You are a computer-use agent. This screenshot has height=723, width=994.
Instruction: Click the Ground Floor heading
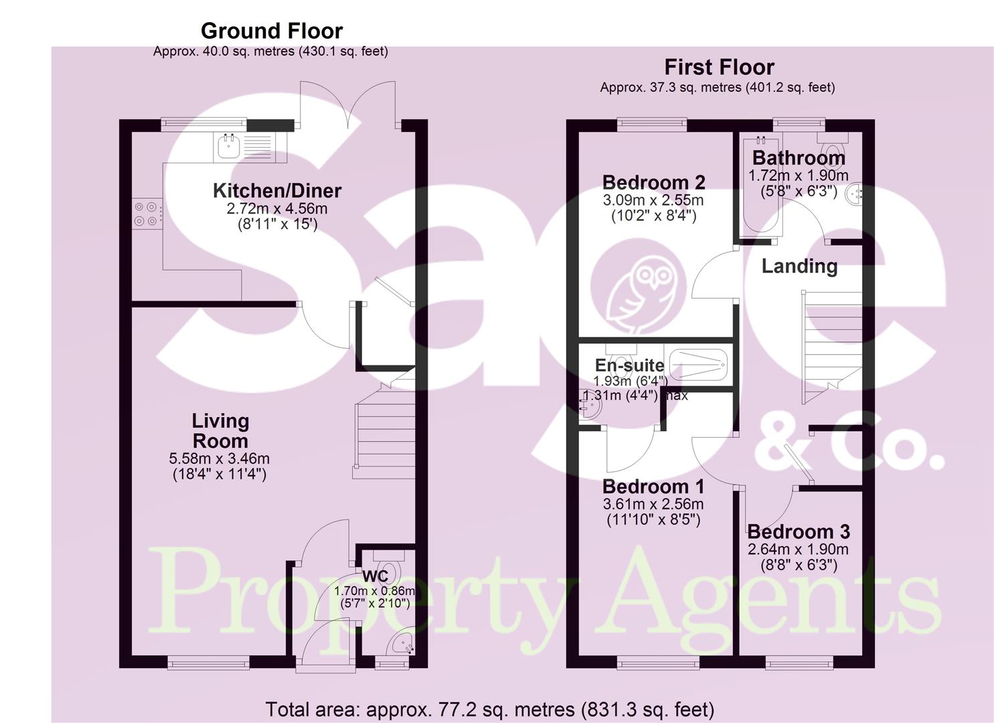(x=271, y=31)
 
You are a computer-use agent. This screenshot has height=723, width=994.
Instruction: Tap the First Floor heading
(x=719, y=67)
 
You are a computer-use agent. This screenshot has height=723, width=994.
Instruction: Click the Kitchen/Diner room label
(x=277, y=191)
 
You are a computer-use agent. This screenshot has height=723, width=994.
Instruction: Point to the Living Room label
(x=220, y=431)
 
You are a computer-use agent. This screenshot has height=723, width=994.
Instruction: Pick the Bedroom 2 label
(x=653, y=182)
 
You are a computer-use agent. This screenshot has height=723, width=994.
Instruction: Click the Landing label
(x=799, y=266)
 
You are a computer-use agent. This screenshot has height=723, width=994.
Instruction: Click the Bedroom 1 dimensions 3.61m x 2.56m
(x=653, y=504)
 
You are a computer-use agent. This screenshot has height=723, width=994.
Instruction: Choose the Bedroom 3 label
(x=798, y=532)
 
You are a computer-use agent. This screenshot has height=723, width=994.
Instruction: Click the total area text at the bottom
(x=489, y=709)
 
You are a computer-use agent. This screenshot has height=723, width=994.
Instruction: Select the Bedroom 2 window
(x=652, y=123)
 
